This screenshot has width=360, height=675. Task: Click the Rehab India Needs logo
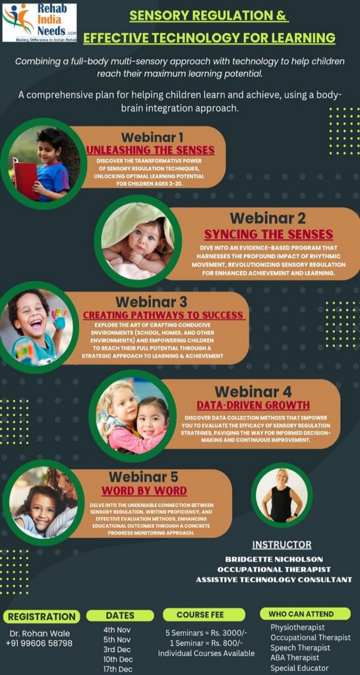[40, 22]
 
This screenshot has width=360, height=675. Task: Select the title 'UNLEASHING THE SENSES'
[151, 150]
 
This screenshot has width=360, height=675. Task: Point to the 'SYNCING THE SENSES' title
[268, 235]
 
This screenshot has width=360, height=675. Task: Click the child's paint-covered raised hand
[59, 318]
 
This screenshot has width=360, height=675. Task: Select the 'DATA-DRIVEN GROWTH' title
[253, 405]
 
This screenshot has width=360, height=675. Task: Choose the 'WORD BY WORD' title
[144, 490]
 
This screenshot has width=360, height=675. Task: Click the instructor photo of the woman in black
[282, 495]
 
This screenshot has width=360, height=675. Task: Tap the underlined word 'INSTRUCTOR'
[282, 545]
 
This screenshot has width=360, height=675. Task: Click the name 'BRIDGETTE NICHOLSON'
[274, 559]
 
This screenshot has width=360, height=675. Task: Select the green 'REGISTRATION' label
[42, 616]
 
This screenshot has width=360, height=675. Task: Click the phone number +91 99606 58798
[39, 643]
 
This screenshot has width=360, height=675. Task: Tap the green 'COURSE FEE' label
[200, 615]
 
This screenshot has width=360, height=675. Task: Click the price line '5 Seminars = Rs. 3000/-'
[206, 633]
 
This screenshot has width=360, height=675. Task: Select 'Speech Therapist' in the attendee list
[301, 647]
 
